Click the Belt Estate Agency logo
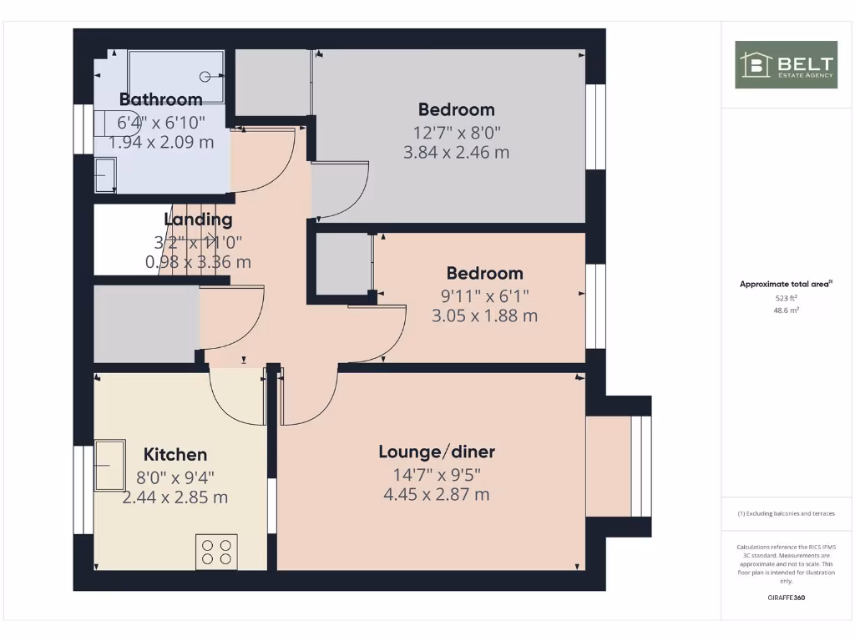point(786,65)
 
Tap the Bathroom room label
point(161,99)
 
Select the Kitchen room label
point(175,455)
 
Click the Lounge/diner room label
point(437,452)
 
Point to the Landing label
point(198,220)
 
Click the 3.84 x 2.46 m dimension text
point(457,152)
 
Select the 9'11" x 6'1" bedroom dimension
point(484,295)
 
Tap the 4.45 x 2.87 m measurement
point(437,494)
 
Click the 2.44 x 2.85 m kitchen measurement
point(175,497)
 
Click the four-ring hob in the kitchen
point(216,552)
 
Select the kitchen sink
point(109,465)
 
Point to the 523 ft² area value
point(786,297)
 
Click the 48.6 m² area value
point(786,309)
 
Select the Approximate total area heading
point(786,285)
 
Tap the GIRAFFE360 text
point(786,598)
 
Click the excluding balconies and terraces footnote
point(786,513)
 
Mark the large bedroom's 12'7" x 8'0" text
point(457,131)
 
